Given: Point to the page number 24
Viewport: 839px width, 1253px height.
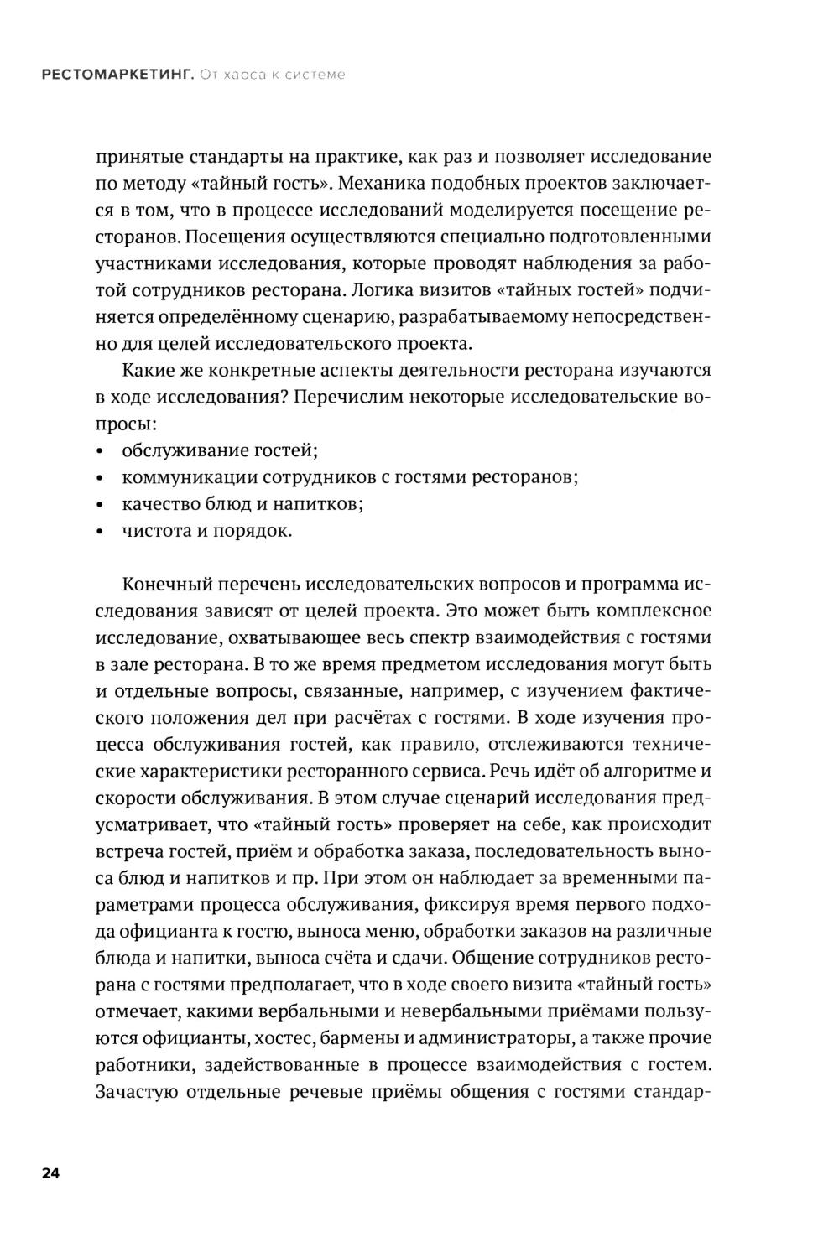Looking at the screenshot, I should (x=50, y=1173).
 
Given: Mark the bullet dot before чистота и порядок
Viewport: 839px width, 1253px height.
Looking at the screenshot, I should (x=101, y=532).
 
